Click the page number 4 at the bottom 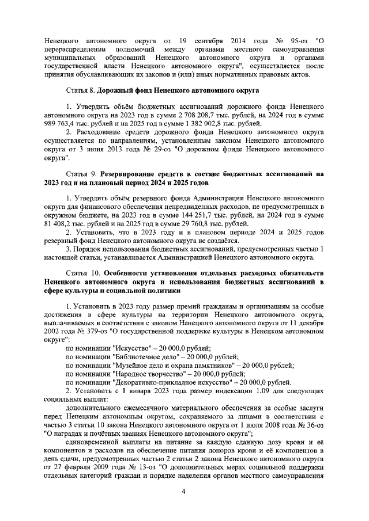[x=183, y=491]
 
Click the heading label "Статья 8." [x=81, y=90]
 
